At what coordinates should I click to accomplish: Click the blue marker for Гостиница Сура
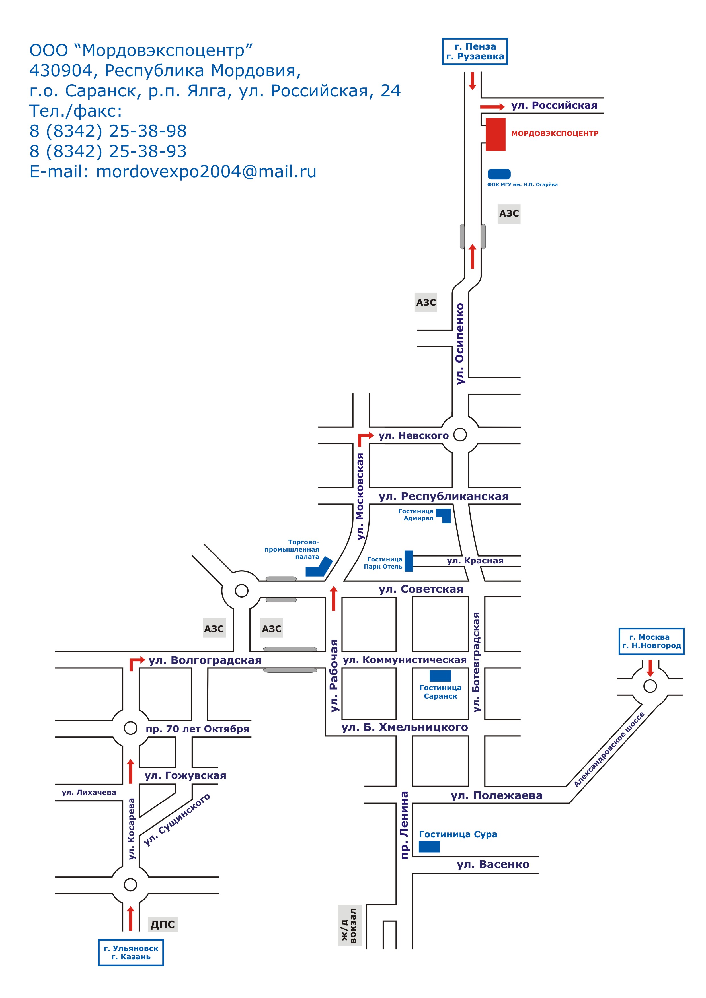click(x=429, y=846)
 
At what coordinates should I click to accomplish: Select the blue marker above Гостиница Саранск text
click(x=440, y=676)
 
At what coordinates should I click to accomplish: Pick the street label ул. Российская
click(x=554, y=105)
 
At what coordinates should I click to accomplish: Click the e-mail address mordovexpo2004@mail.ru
click(x=206, y=172)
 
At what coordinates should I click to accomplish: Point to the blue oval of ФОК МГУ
click(x=499, y=174)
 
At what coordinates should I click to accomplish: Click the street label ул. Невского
click(x=413, y=435)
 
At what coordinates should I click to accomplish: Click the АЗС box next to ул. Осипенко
click(x=426, y=303)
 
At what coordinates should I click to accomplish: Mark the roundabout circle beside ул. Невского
click(x=460, y=434)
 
